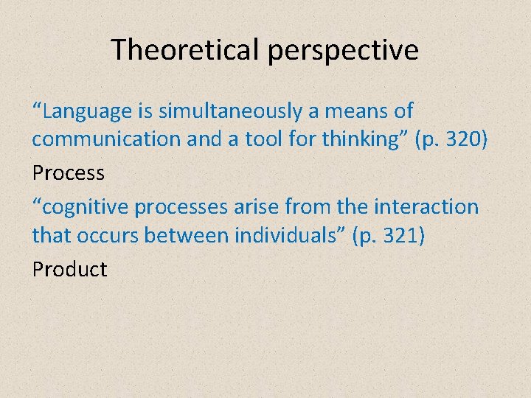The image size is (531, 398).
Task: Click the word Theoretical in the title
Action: coord(184,49)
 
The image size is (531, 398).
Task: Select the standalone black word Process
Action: coord(69,173)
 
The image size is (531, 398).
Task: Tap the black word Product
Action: coord(70,269)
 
